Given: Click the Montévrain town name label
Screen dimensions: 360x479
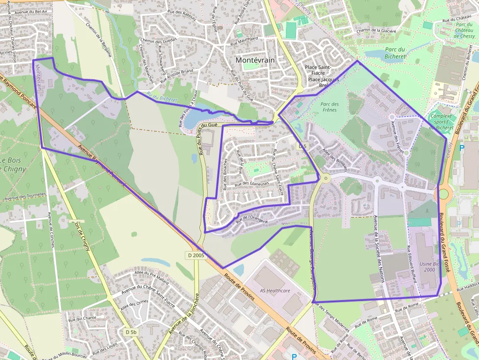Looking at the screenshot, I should pyautogui.click(x=254, y=60).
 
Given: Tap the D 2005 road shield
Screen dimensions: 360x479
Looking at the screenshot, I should pyautogui.click(x=196, y=255).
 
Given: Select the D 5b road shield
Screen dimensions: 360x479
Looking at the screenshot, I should pyautogui.click(x=131, y=332).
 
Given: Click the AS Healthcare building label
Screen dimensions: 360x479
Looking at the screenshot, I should pyautogui.click(x=275, y=291).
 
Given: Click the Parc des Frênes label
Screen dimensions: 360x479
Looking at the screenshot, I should pyautogui.click(x=329, y=107).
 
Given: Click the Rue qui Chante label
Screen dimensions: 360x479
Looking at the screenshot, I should pyautogui.click(x=83, y=318).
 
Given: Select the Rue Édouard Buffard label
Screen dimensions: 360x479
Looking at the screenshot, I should pyautogui.click(x=408, y=271).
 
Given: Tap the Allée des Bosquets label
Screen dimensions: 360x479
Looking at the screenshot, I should pyautogui.click(x=335, y=159).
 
